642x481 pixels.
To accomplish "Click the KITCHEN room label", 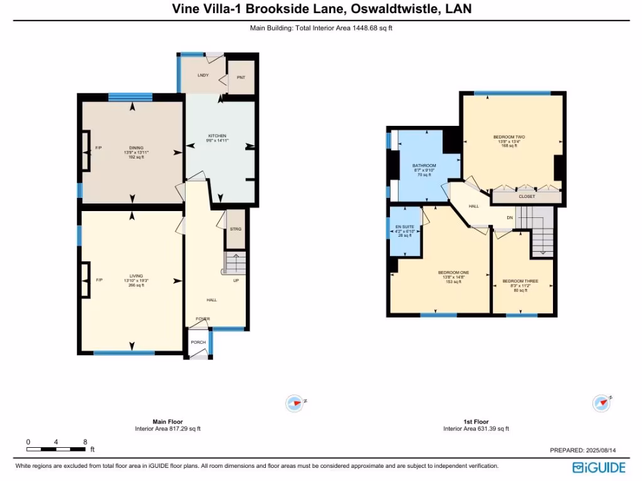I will pos(218,136).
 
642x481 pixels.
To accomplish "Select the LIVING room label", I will pos(136,276).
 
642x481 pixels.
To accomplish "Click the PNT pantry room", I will pos(241,78).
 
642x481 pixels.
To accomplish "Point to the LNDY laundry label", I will pos(203,75).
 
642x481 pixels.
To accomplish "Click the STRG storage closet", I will pos(236,229).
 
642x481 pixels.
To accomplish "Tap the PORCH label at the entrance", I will pos(198,343).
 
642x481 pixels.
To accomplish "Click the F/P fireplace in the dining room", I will pos(98,148).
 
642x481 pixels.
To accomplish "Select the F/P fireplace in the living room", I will pos(98,280).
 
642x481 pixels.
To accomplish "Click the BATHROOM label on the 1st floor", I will pos(424,166).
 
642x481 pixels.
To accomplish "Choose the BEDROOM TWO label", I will pos(508,137).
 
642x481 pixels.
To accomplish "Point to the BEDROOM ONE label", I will pos(453,272).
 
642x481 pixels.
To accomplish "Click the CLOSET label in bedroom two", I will pos(527,197).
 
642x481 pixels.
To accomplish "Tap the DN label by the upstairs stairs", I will pos(510,217).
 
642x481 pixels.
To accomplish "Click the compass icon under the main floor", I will pos(294,403).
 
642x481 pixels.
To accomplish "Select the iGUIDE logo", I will pos(599,467).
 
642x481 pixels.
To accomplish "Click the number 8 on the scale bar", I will pos(85,442).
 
